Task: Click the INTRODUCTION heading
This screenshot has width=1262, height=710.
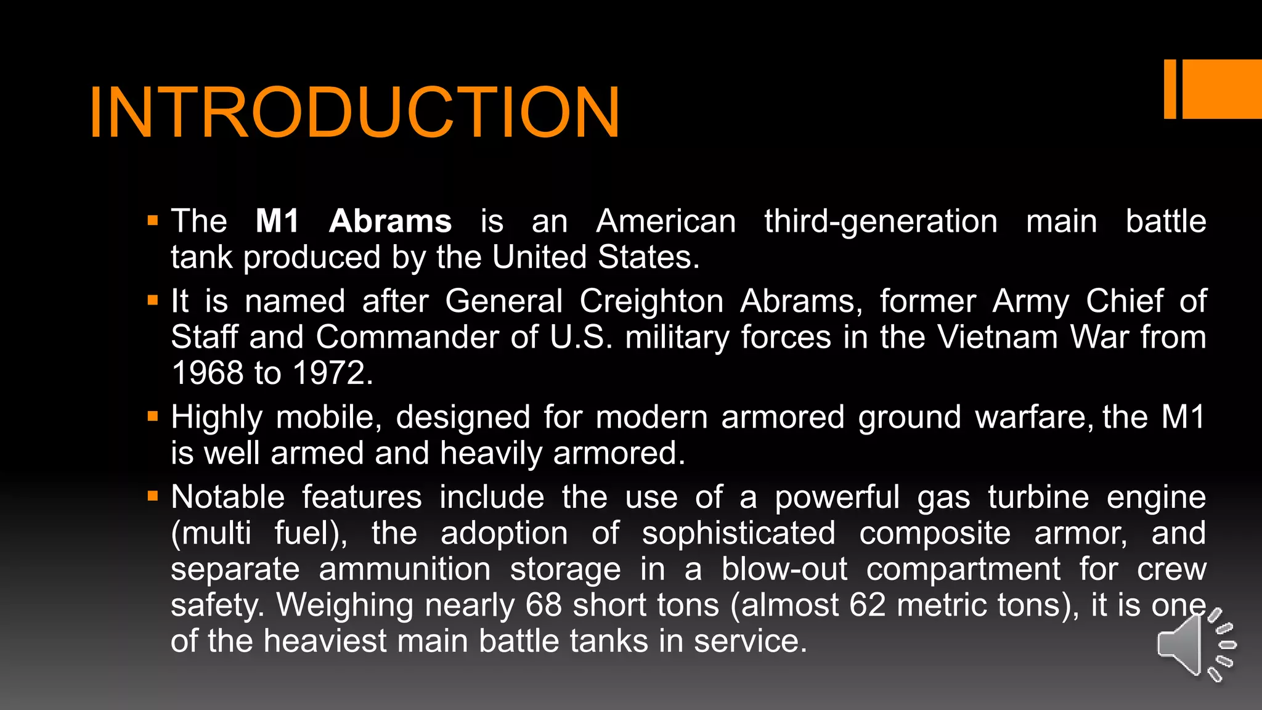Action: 354,113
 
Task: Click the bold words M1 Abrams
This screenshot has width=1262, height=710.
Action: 353,221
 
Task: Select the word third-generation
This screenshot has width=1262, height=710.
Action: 881,222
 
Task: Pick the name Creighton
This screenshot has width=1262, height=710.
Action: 651,301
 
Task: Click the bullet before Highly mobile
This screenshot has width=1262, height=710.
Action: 153,417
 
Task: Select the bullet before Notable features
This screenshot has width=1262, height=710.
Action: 153,496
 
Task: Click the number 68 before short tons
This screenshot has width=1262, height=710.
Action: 543,605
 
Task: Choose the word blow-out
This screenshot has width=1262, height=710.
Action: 784,569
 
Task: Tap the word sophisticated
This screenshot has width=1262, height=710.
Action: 738,533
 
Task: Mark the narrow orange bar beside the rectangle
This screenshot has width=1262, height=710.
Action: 1170,89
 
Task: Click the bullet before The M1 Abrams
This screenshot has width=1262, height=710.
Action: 153,221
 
